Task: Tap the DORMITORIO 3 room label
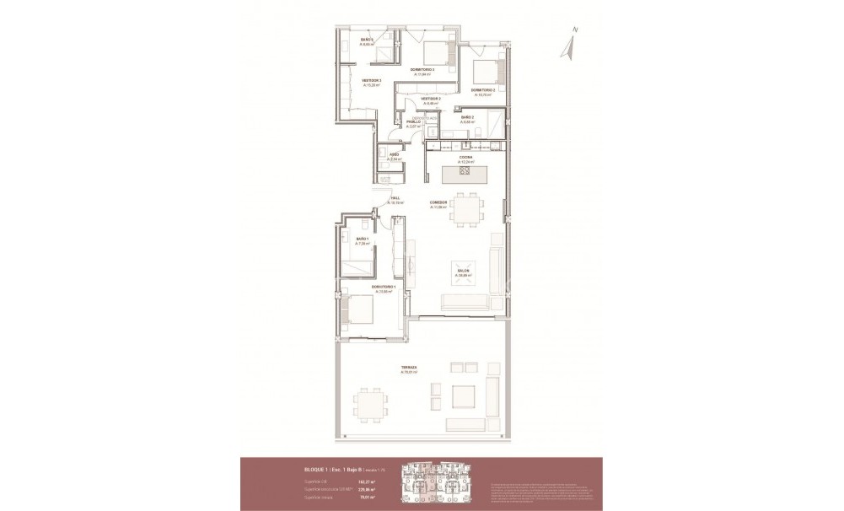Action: tap(422, 69)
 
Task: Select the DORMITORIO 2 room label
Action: tap(483, 89)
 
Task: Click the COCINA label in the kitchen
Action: tap(465, 157)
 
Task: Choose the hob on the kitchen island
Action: tap(463, 174)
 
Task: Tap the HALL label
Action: tap(395, 198)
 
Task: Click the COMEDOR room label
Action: tap(438, 203)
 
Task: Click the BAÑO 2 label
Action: tap(467, 117)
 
